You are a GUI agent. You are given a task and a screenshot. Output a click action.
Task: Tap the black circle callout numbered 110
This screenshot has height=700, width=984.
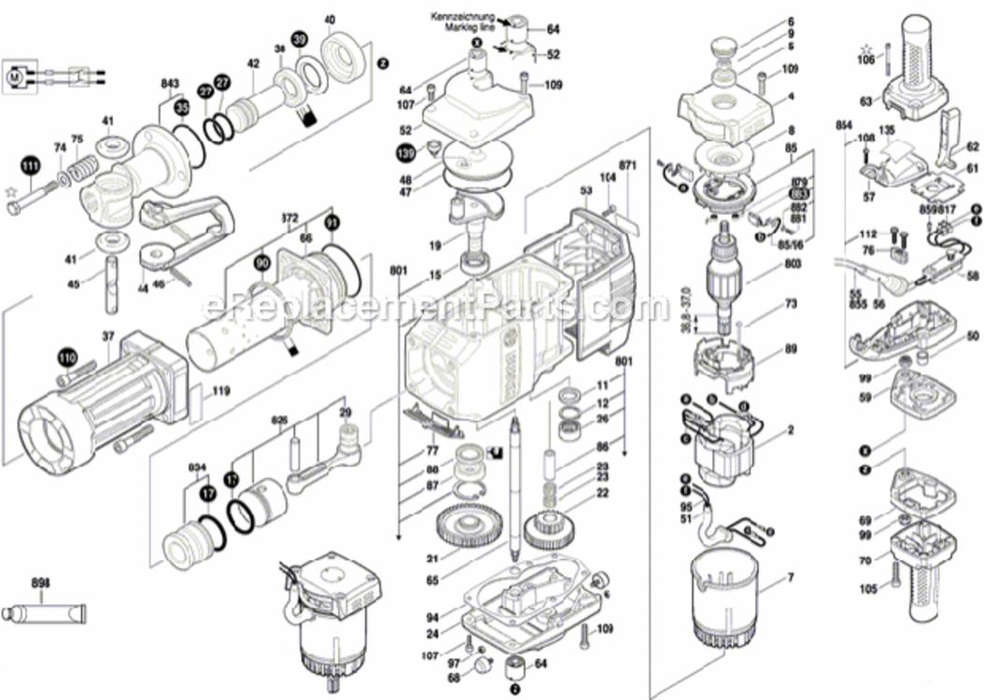pyautogui.click(x=65, y=357)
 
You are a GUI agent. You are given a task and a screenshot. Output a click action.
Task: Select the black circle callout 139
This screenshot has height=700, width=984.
pyautogui.click(x=404, y=151)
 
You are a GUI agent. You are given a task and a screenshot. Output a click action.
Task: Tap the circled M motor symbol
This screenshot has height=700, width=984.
pyautogui.click(x=18, y=73)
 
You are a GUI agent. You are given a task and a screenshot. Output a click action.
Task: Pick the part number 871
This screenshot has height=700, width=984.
pyautogui.click(x=627, y=165)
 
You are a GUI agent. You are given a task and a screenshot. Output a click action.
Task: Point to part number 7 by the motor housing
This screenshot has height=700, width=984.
pyautogui.click(x=790, y=579)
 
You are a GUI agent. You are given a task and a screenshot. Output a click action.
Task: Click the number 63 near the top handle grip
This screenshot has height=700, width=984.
pyautogui.click(x=865, y=101)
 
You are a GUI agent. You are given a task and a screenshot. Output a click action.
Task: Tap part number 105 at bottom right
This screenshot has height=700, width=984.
pyautogui.click(x=868, y=589)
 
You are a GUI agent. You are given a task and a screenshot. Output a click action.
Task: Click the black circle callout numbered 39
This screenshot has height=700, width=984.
pyautogui.click(x=298, y=39)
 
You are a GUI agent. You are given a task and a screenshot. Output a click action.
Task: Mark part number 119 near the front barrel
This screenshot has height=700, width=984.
pyautogui.click(x=220, y=392)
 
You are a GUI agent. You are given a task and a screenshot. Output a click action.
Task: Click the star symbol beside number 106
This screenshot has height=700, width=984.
pyautogui.click(x=867, y=46)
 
